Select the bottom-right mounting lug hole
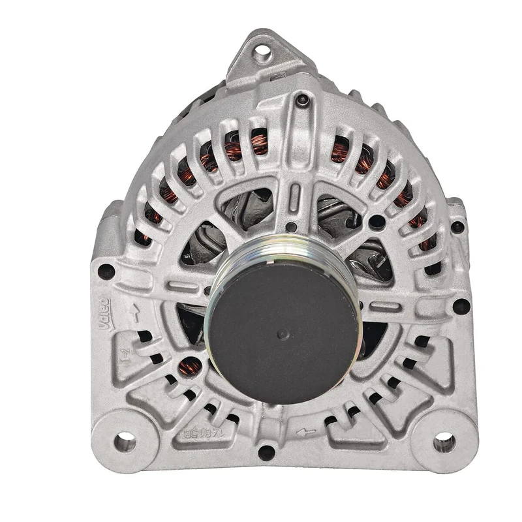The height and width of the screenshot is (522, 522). coord(444,443)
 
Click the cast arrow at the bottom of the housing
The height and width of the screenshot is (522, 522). coord(305,431)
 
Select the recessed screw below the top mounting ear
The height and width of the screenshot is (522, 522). coord(301,100)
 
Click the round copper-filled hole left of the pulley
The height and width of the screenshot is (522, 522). coord(190,367)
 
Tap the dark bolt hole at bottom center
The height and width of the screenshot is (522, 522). coord(266,452)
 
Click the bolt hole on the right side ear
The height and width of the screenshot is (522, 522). coord(457,227)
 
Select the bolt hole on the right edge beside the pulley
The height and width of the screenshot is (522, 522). coord(461,306)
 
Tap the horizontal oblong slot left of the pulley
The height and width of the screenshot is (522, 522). coord(183,286)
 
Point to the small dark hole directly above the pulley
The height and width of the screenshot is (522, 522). coord(292,227)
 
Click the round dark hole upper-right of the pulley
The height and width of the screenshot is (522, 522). coord(376,222)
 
